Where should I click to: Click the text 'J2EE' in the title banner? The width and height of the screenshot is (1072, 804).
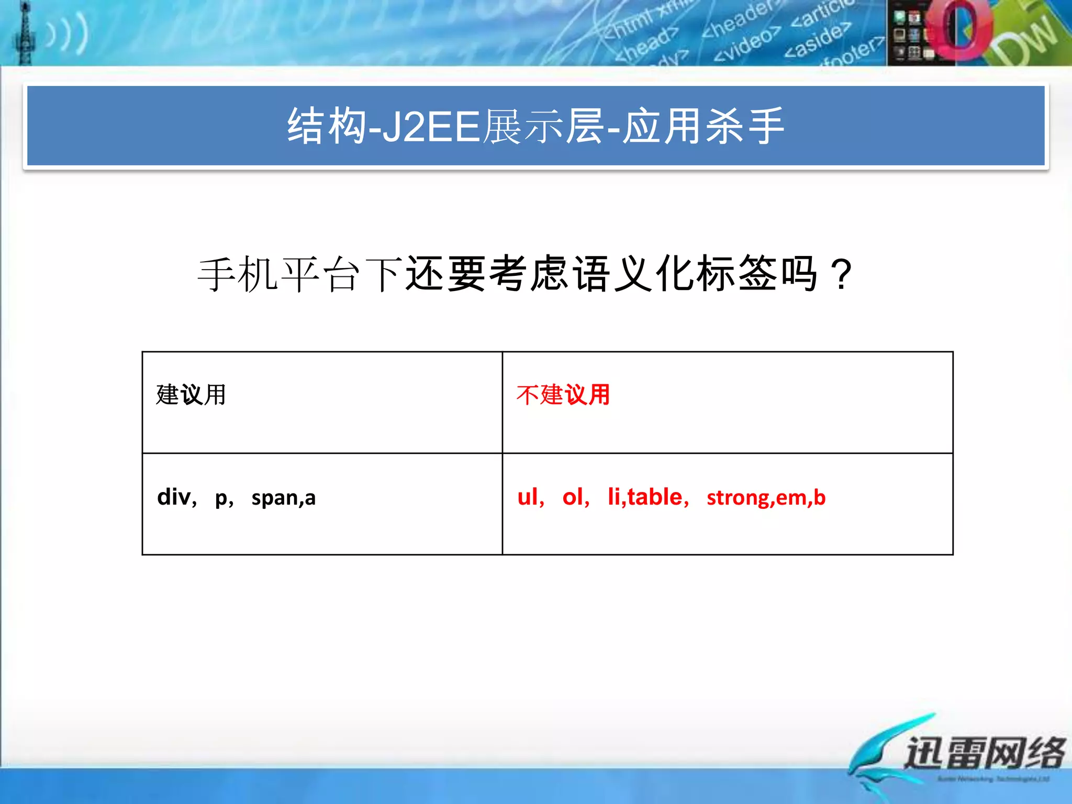(431, 127)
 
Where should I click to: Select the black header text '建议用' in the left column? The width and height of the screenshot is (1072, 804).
(191, 395)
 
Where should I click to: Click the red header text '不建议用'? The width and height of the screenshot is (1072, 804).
(563, 395)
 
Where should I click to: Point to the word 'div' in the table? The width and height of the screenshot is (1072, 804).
(174, 497)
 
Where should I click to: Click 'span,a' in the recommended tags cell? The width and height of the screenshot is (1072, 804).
(283, 498)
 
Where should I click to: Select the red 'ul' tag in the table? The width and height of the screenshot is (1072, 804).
(528, 497)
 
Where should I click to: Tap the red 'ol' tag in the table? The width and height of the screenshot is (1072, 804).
(573, 497)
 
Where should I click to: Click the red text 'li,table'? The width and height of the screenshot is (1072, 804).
(645, 497)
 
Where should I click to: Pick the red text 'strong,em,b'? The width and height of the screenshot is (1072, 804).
(766, 498)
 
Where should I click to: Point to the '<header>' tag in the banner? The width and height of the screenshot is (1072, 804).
(738, 21)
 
